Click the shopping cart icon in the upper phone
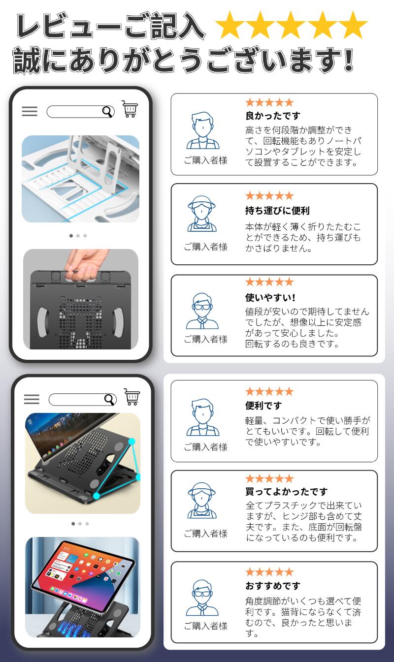130,109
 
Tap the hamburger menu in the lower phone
32,399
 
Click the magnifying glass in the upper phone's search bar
108,112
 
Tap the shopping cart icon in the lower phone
132,397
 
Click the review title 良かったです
273,116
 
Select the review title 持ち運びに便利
277,211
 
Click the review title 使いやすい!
270,297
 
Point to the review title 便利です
263,406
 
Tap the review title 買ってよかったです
286,492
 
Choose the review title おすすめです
273,585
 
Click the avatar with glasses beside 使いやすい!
202,311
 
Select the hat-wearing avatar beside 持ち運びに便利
202,214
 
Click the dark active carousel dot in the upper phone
71,236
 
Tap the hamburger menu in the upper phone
30,111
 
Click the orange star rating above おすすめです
269,572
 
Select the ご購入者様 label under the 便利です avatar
205,447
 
